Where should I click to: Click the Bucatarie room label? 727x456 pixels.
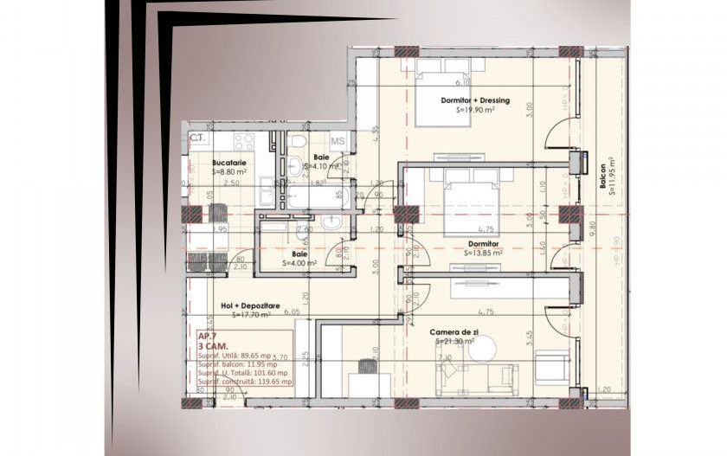pyautogui.click(x=229, y=162)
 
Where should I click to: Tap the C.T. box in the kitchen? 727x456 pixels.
pyautogui.click(x=197, y=138)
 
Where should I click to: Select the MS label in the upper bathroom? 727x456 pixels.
pyautogui.click(x=338, y=141)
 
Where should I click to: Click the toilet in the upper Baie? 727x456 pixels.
pyautogui.click(x=296, y=143)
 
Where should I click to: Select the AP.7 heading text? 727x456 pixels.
pyautogui.click(x=208, y=336)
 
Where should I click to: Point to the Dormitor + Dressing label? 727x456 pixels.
pyautogui.click(x=475, y=100)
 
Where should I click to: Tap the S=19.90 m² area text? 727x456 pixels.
pyautogui.click(x=475, y=111)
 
